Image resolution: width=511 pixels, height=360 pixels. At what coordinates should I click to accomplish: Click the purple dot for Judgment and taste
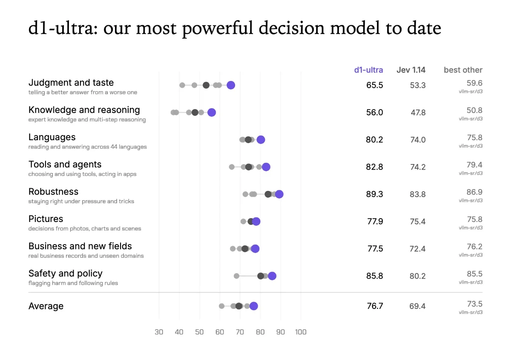click(231, 85)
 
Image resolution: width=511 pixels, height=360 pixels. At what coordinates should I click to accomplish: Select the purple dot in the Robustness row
click(279, 194)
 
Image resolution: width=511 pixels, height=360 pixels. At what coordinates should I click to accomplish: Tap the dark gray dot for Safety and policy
click(261, 276)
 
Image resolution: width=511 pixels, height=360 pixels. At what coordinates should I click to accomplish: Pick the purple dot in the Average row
click(254, 306)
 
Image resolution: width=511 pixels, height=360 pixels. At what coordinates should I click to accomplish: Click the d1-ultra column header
click(368, 70)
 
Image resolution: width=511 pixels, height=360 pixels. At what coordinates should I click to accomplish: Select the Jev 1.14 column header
click(411, 70)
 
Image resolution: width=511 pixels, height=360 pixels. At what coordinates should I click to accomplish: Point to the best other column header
click(463, 70)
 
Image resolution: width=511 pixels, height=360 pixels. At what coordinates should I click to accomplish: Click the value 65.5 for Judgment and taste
click(375, 85)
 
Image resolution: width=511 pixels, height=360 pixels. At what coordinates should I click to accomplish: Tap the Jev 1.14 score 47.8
click(418, 112)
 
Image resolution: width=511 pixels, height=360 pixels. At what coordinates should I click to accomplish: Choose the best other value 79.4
click(474, 164)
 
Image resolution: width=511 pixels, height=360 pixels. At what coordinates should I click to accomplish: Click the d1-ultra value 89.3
click(375, 194)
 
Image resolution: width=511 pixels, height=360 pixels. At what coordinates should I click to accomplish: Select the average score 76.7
click(375, 306)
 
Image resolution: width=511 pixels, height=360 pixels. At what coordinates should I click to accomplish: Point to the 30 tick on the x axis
click(159, 332)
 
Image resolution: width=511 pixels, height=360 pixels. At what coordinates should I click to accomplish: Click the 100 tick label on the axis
click(301, 332)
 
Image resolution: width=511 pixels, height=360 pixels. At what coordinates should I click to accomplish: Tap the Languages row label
click(52, 137)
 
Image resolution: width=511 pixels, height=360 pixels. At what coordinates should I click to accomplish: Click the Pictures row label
click(46, 219)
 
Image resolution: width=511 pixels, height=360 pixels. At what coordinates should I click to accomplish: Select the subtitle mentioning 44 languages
click(87, 147)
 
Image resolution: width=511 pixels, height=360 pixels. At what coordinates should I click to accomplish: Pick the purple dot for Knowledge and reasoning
click(212, 112)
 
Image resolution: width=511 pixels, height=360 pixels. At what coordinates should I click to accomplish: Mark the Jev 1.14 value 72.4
click(417, 249)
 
